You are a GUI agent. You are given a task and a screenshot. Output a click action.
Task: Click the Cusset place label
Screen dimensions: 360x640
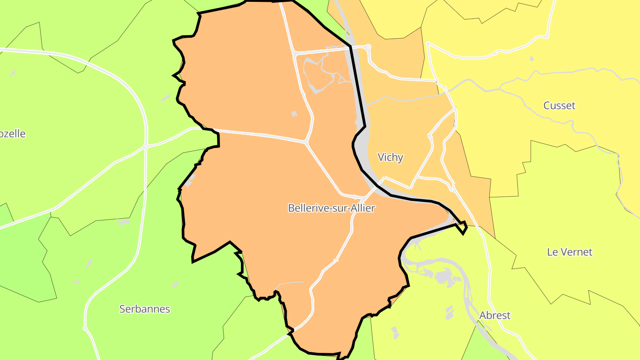[559, 106]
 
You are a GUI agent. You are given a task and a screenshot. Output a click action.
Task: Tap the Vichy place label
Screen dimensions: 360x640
[390, 157]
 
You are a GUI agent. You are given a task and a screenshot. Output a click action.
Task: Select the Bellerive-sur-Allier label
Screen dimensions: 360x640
[332, 208]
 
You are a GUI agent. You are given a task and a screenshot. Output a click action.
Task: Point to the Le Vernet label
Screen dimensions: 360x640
[569, 252]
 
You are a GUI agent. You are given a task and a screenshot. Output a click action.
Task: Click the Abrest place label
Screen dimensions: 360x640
[495, 316]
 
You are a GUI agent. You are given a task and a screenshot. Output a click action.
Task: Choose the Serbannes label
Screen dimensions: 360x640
[144, 309]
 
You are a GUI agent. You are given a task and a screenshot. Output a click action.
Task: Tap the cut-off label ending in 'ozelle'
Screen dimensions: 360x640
[12, 134]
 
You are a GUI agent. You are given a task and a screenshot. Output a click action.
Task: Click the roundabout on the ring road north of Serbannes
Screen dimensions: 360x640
[146, 146]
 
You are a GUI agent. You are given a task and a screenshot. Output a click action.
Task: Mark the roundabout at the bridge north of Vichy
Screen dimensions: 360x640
[368, 46]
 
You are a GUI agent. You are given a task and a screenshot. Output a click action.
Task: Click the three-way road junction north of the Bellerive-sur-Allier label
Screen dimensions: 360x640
[306, 142]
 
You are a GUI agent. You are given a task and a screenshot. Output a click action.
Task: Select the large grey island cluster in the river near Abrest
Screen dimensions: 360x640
[443, 278]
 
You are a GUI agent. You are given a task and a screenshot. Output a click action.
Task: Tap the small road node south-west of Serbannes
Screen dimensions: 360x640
[85, 328]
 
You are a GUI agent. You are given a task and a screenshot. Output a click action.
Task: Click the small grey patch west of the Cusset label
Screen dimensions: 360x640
[532, 58]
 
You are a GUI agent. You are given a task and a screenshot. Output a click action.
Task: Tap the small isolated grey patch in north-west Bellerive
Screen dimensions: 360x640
[294, 114]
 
